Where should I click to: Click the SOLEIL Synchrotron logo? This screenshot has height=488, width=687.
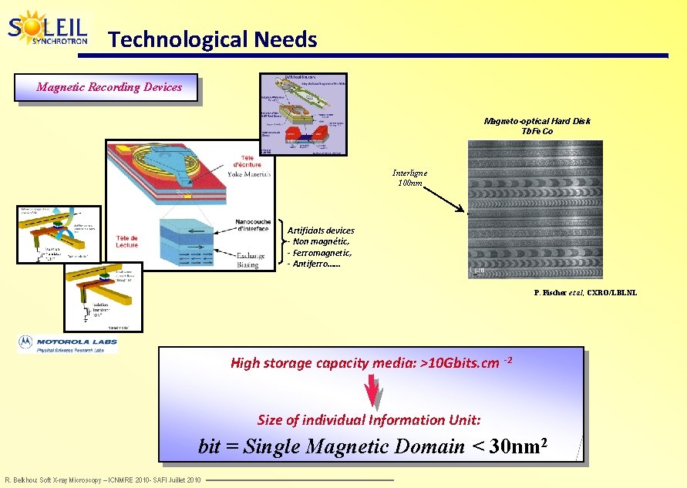click(x=48, y=29)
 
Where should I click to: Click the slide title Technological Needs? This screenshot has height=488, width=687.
click(x=212, y=39)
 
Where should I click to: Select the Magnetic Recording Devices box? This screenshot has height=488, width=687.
click(x=109, y=87)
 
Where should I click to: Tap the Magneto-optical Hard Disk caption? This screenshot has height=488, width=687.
click(x=537, y=126)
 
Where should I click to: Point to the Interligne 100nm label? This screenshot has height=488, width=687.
click(x=409, y=178)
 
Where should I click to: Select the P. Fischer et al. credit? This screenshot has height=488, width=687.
click(x=585, y=293)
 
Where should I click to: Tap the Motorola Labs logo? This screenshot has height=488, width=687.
click(x=69, y=344)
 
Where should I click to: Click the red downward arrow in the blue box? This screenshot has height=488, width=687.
click(x=373, y=392)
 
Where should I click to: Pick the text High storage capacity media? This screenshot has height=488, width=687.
click(x=364, y=363)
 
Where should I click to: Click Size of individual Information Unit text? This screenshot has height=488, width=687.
click(x=369, y=420)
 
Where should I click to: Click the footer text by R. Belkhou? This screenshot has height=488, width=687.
click(x=103, y=480)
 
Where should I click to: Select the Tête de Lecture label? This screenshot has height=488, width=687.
click(x=127, y=241)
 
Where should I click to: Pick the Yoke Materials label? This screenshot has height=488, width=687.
click(x=249, y=173)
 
